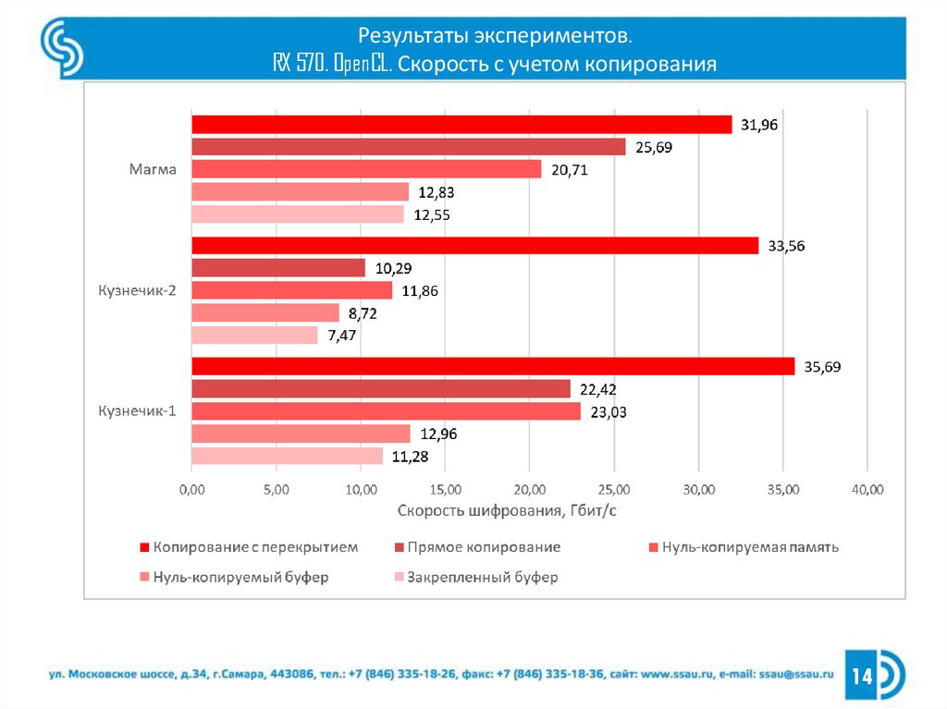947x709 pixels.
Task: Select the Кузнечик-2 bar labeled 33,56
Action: [x=474, y=246]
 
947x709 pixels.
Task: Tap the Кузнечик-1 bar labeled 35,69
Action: [x=492, y=366]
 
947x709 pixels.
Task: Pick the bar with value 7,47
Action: [x=254, y=336]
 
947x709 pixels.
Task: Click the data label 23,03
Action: [x=609, y=412]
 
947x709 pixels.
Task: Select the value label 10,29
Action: [x=393, y=268]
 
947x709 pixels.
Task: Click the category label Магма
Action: [x=153, y=169]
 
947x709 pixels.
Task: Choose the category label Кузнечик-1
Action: [x=137, y=411]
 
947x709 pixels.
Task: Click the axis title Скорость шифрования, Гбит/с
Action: [x=507, y=510]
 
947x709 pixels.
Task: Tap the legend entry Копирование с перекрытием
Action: [x=255, y=547]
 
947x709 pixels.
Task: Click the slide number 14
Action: [x=863, y=677]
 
